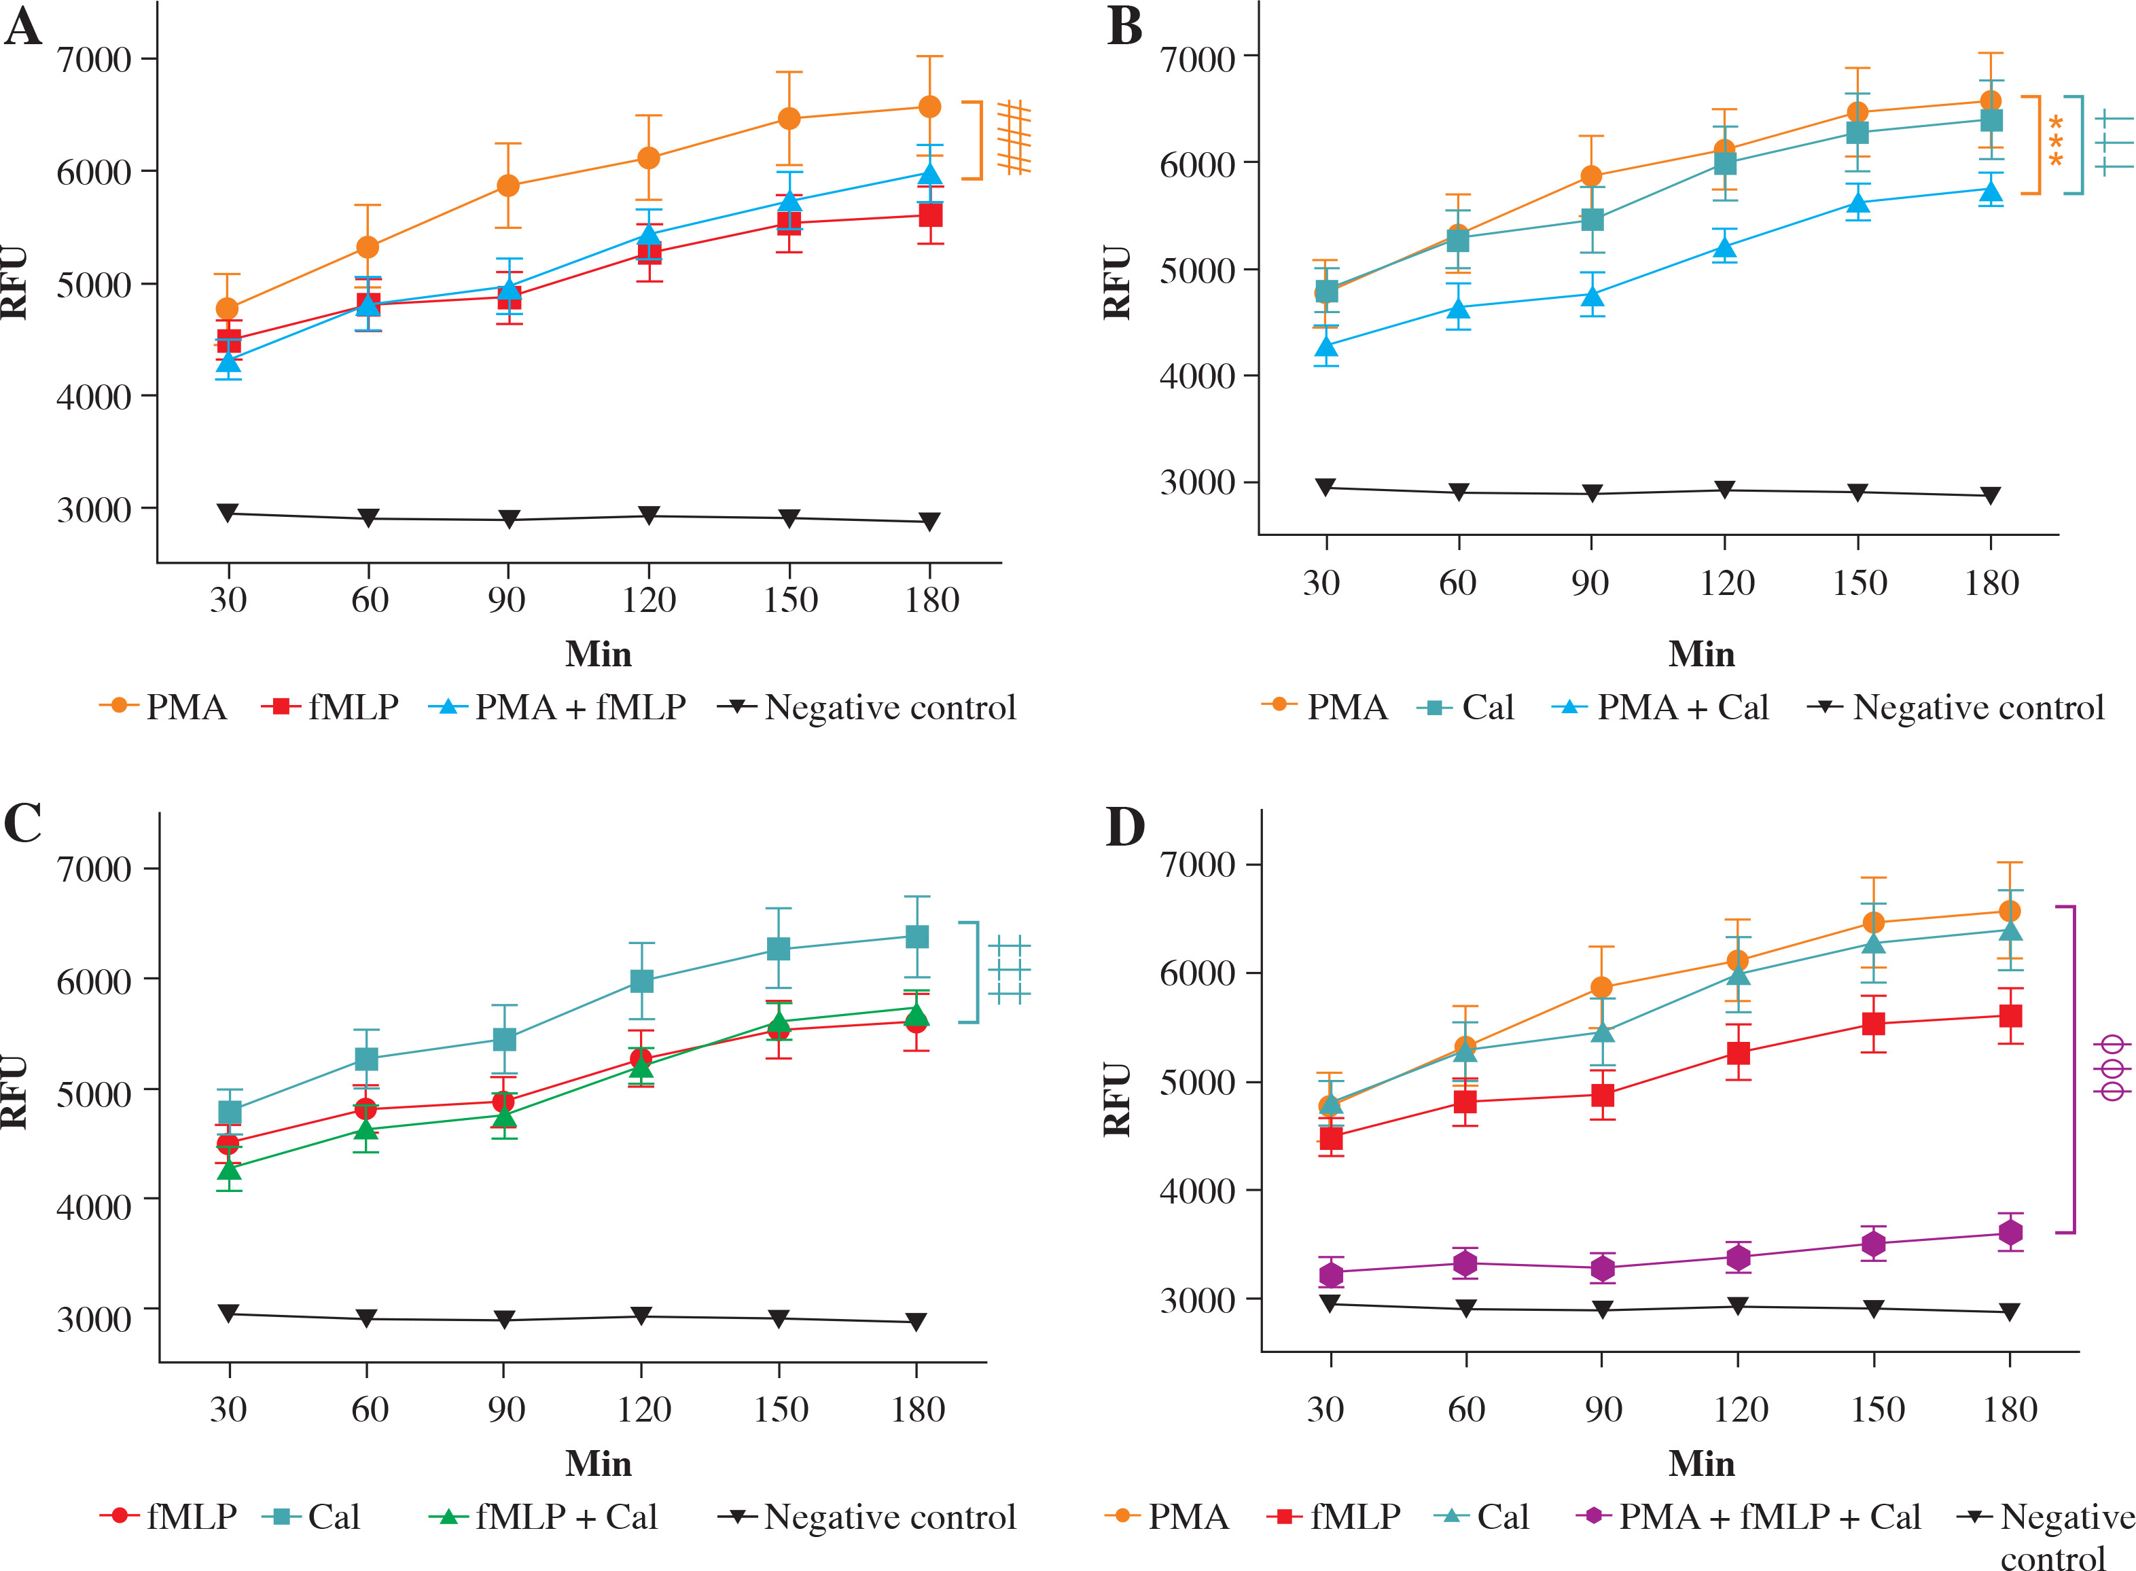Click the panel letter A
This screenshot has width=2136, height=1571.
tap(23, 26)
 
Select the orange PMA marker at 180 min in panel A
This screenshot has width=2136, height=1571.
tap(929, 107)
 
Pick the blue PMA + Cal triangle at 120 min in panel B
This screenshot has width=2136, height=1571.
tap(1724, 248)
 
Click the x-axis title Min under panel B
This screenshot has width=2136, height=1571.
tap(1701, 654)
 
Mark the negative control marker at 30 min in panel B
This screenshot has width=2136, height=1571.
tap(1325, 487)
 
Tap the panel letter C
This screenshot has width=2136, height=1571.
tap(23, 823)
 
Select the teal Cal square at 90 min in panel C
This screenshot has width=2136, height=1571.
tap(504, 1039)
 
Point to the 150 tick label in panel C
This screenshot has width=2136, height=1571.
tap(780, 1409)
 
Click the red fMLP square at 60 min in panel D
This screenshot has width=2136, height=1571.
tap(1465, 1102)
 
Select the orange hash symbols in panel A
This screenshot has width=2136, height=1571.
tap(1014, 138)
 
